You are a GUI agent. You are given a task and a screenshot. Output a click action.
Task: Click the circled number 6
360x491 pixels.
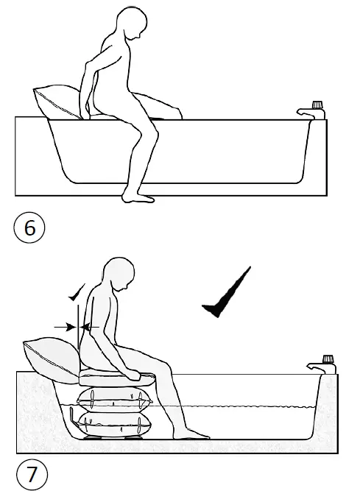pos(29,228)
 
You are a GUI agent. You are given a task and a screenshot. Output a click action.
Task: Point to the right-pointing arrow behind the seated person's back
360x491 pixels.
pos(66,324)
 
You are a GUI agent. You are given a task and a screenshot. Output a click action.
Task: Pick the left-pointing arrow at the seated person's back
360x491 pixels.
pos(92,324)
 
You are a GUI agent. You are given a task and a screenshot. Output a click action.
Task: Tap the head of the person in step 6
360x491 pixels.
pos(131,28)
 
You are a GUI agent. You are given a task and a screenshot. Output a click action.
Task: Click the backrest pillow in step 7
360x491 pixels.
pos(50,356)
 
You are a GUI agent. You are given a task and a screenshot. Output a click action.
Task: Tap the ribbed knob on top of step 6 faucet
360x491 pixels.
pos(319,105)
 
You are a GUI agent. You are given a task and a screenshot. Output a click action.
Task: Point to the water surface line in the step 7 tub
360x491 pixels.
pos(243,406)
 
